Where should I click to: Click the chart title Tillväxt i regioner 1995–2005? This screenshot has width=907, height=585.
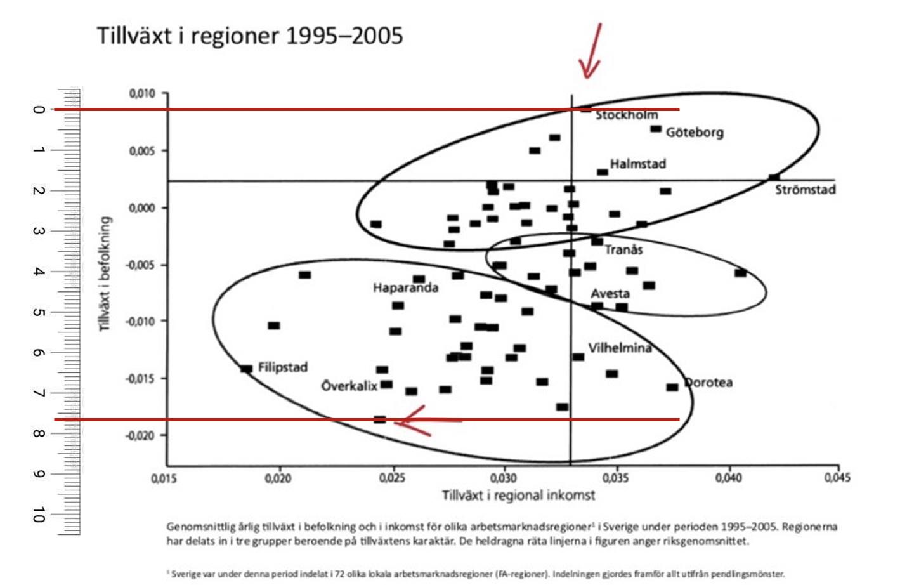249,36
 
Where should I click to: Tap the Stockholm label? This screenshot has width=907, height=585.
626,115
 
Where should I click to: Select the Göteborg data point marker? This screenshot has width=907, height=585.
656,129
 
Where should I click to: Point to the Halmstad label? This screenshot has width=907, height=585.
637,164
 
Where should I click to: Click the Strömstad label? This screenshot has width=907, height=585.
805,190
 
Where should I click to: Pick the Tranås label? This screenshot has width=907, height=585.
623,250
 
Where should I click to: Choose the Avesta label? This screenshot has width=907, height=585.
610,294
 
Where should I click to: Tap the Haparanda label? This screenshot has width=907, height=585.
405,288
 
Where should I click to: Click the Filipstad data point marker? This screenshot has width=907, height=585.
247,369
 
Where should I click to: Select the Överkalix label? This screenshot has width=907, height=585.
349,386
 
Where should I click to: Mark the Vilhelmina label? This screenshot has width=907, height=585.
619,348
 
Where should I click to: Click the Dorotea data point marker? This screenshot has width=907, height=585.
672,387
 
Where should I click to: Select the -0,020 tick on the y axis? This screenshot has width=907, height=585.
140,435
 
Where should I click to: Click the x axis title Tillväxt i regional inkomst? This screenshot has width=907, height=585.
518,496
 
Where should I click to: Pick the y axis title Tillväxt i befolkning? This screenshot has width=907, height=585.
105,274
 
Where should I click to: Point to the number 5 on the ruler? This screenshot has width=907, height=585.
39,312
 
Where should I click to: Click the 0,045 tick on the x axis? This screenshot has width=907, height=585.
837,477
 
